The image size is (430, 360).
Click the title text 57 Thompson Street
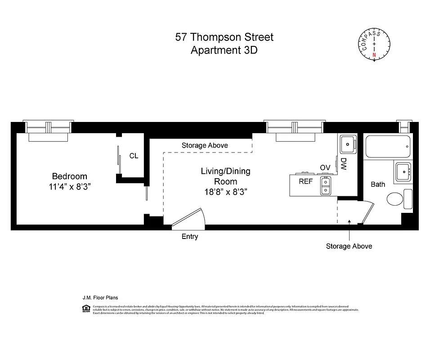coord(224,37)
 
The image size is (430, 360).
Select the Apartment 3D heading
coord(224,50)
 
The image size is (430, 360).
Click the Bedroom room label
coord(69,176)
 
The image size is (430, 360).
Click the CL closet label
coord(134,156)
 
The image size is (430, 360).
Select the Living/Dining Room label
coord(225,176)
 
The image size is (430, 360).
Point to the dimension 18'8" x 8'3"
coord(225,192)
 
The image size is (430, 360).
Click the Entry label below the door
coord(189,237)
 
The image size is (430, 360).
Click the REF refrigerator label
coord(306,181)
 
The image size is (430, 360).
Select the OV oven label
coord(325,168)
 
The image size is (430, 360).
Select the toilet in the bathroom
coord(395,199)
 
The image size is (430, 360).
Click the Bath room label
coord(378,184)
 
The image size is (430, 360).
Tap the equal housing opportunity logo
coord(85,308)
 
